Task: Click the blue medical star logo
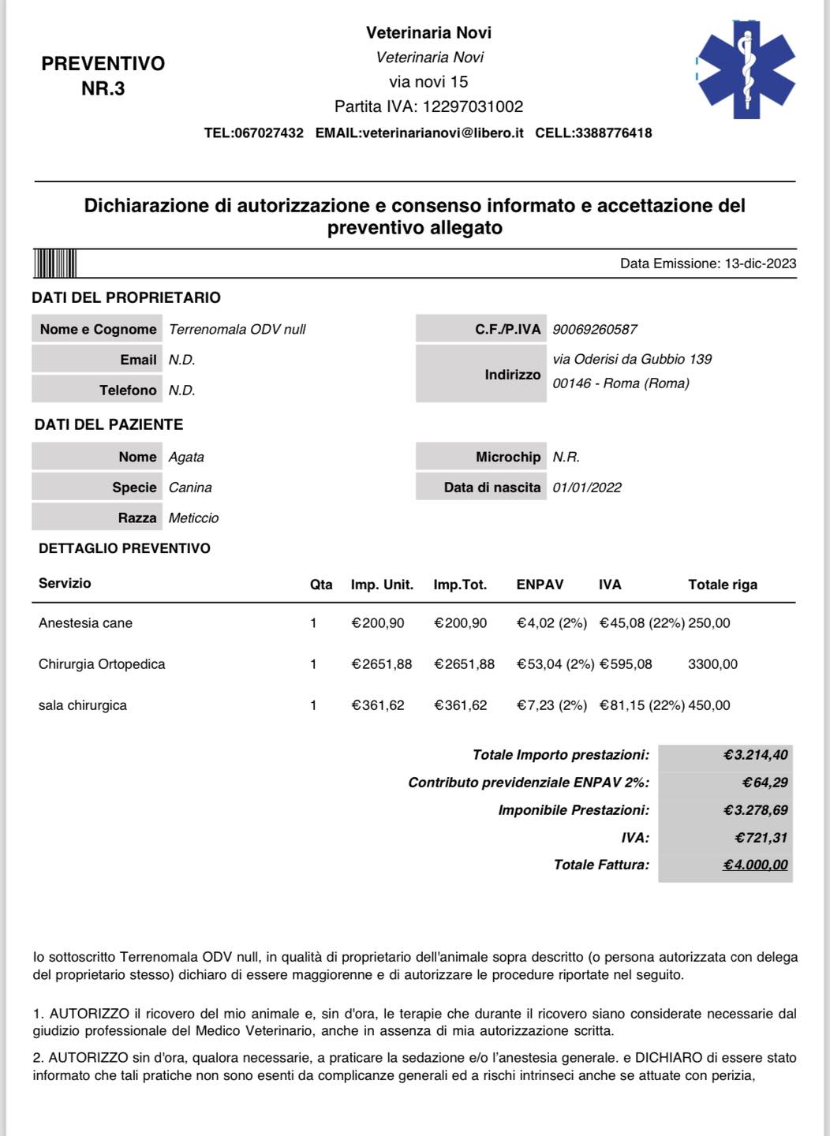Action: click(x=746, y=69)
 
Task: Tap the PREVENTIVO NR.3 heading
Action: click(x=103, y=76)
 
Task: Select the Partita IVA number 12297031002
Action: click(x=473, y=106)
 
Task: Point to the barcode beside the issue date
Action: click(x=54, y=263)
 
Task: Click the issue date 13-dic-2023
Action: click(x=760, y=263)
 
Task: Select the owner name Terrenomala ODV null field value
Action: click(x=237, y=330)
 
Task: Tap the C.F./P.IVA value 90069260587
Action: click(x=595, y=330)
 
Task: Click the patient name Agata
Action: click(x=186, y=458)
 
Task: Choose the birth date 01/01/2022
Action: click(x=587, y=488)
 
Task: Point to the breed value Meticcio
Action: click(x=193, y=518)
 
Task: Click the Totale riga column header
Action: click(x=722, y=585)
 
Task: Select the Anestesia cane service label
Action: click(x=85, y=623)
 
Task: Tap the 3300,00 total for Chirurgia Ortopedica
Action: click(x=712, y=664)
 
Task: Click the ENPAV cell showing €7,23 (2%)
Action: click(x=551, y=705)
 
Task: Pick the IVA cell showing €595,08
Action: click(x=626, y=664)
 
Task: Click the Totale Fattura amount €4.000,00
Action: click(x=755, y=865)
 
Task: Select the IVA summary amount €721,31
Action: click(x=761, y=838)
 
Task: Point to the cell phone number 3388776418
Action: click(x=613, y=133)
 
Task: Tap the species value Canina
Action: click(x=190, y=488)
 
